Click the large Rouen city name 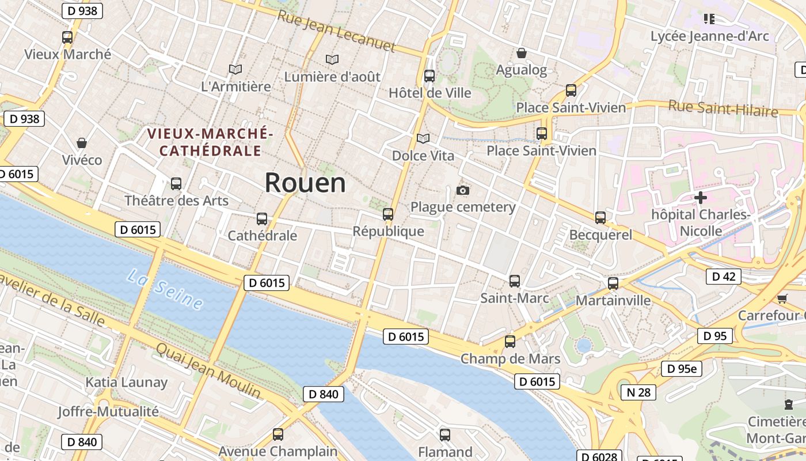[305, 183]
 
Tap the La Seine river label [165, 290]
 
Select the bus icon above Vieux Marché [67, 37]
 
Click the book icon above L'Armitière [235, 69]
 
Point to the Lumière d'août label [332, 76]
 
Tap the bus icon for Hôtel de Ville [429, 76]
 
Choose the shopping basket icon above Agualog [522, 53]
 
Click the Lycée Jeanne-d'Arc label [709, 36]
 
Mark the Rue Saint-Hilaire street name [723, 108]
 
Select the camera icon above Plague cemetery [462, 190]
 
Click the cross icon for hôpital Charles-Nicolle [701, 198]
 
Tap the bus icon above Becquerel [600, 218]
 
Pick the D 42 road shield [724, 277]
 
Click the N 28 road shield [638, 392]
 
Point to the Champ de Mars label [510, 359]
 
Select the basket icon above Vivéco [82, 143]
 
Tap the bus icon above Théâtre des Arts [176, 184]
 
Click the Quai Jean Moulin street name [208, 371]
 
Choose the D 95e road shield [681, 369]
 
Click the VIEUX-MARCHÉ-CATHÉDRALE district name [210, 142]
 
